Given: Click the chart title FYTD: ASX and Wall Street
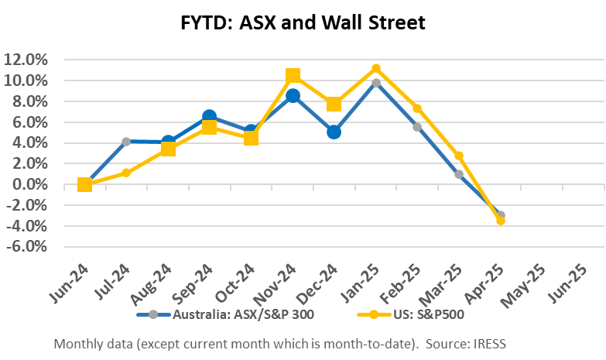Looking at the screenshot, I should pos(302,23).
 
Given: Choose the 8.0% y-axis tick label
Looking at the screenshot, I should pos(30,101).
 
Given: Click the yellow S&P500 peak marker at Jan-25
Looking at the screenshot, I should pos(376,69).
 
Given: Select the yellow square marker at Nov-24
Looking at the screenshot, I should pos(293,76).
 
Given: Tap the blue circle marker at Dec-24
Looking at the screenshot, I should pos(334,132).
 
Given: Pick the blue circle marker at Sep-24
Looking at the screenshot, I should pos(209,117).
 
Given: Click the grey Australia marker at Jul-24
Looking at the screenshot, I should pos(126,142).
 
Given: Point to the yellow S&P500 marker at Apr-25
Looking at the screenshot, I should pos(501,221).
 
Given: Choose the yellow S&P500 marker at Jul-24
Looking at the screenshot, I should pos(126,173).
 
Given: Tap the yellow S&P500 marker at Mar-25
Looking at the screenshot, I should pos(459,156).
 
